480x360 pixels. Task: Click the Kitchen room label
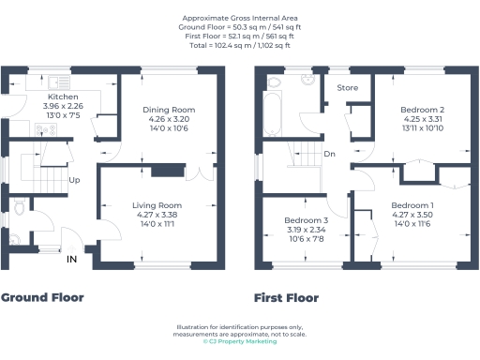65,96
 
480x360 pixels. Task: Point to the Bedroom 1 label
412,204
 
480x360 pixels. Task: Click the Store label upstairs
346,88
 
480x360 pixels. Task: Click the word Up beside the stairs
72,180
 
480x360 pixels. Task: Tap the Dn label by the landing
329,155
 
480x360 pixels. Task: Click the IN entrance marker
71,260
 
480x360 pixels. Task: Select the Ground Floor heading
43,298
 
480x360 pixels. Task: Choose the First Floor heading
286,298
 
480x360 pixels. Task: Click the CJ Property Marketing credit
240,342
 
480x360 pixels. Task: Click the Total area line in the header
240,45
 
